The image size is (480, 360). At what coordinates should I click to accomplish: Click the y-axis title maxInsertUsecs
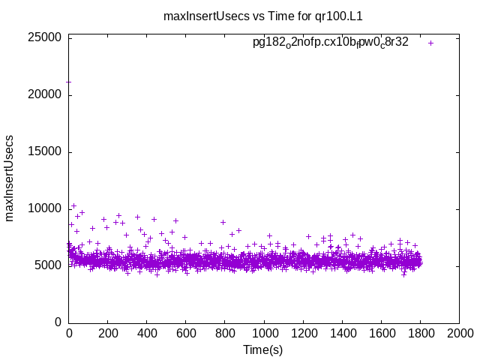pos(10,178)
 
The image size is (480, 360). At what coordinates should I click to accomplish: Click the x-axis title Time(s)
pos(262,349)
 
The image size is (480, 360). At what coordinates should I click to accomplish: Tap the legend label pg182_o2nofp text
pos(330,43)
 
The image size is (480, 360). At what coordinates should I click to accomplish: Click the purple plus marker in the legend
pos(430,43)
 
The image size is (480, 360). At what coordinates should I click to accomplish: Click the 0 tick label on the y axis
pos(58,322)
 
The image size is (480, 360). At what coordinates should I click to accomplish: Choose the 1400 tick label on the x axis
pos(342,334)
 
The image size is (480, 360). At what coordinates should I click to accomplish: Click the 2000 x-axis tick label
pos(459,334)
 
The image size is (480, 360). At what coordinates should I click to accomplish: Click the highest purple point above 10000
pos(73,205)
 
